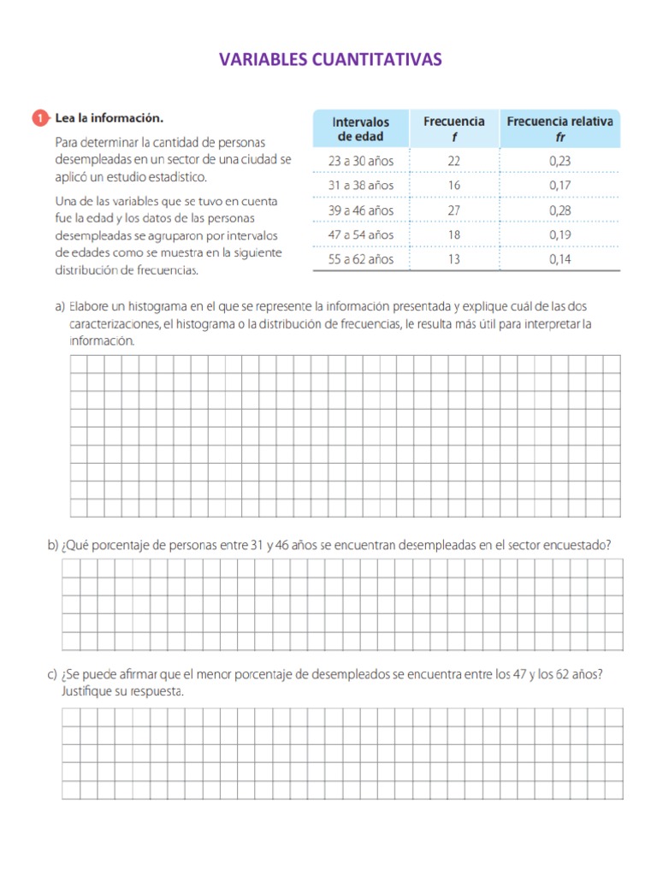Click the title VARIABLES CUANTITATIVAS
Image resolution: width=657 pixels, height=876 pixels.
(x=330, y=59)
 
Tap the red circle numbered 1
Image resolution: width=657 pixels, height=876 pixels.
(x=40, y=118)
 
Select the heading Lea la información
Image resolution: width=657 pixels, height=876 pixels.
(x=109, y=118)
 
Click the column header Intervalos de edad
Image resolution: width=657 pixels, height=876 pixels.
(x=360, y=129)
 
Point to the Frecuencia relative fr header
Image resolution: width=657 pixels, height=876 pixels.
(x=559, y=129)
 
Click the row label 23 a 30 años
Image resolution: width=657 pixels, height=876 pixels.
(x=361, y=160)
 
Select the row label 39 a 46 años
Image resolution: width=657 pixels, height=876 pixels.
(x=361, y=210)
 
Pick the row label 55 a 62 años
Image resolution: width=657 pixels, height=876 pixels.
(x=361, y=259)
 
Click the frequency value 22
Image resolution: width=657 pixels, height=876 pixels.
(x=454, y=160)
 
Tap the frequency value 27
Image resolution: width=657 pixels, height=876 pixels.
(x=454, y=210)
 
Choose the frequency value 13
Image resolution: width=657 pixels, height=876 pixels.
(x=454, y=259)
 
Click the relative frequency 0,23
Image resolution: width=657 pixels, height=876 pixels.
(x=560, y=160)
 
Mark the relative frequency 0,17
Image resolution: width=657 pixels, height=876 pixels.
(x=560, y=185)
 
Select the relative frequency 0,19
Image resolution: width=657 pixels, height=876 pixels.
(x=560, y=234)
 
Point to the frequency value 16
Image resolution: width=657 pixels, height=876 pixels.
(x=454, y=185)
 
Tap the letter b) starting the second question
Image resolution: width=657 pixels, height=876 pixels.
(x=53, y=545)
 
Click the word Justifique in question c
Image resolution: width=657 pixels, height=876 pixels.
(x=89, y=690)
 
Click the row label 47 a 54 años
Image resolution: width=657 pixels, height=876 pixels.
(x=361, y=234)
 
